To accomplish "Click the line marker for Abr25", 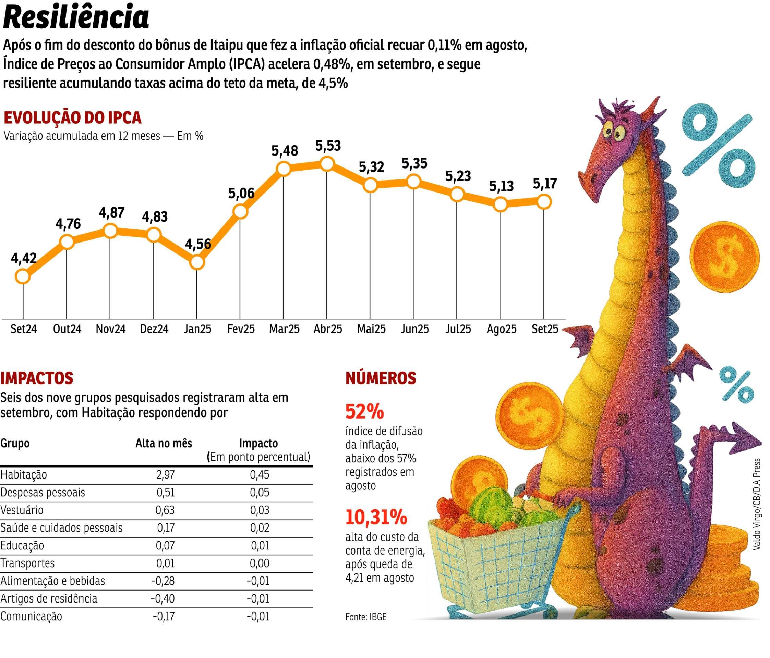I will click(327, 164).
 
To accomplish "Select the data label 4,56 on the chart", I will click(198, 244).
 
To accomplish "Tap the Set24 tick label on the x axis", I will click(23, 329).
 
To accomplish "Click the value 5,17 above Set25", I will click(544, 184).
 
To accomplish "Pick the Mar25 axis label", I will click(284, 329).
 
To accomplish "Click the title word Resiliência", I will click(76, 17).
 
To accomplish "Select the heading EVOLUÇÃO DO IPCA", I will click(72, 117).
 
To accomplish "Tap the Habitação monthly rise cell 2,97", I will click(165, 474).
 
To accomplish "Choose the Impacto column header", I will click(258, 443).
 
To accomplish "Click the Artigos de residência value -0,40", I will click(163, 599).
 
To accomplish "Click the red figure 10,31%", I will click(376, 517).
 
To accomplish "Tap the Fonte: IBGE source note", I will click(366, 617).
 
